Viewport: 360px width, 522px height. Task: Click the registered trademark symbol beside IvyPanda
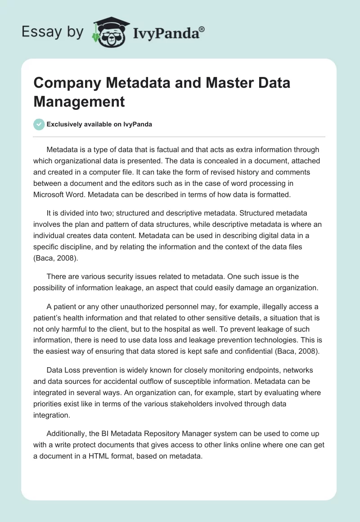pyautogui.click(x=202, y=30)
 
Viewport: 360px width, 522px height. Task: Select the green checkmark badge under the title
pyautogui.click(x=39, y=124)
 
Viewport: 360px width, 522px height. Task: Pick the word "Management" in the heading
pyautogui.click(x=79, y=101)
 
